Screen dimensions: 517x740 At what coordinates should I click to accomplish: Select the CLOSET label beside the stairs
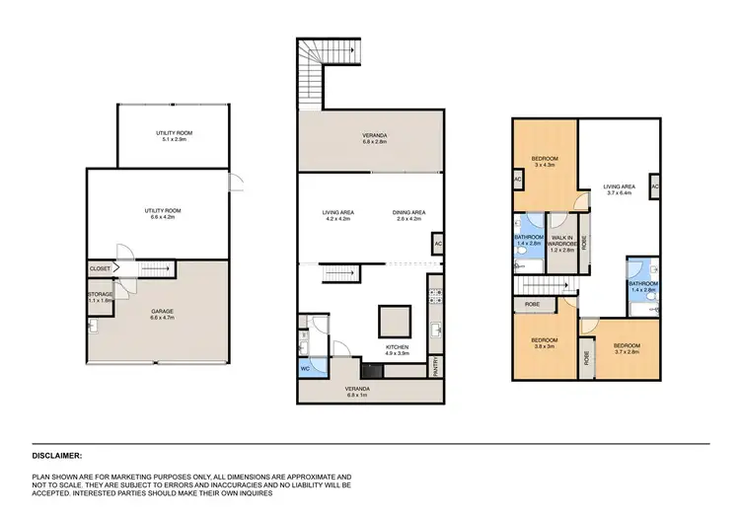[100, 267]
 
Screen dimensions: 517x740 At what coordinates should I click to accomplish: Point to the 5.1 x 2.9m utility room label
[174, 136]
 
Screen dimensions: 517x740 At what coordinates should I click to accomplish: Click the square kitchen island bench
[395, 322]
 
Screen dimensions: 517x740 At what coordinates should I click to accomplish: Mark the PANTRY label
[435, 368]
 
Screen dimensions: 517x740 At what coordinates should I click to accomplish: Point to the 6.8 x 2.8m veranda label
[370, 141]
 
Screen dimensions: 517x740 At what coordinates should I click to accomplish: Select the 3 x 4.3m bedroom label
[546, 163]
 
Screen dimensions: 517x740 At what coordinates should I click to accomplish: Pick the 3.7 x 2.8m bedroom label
[628, 349]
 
